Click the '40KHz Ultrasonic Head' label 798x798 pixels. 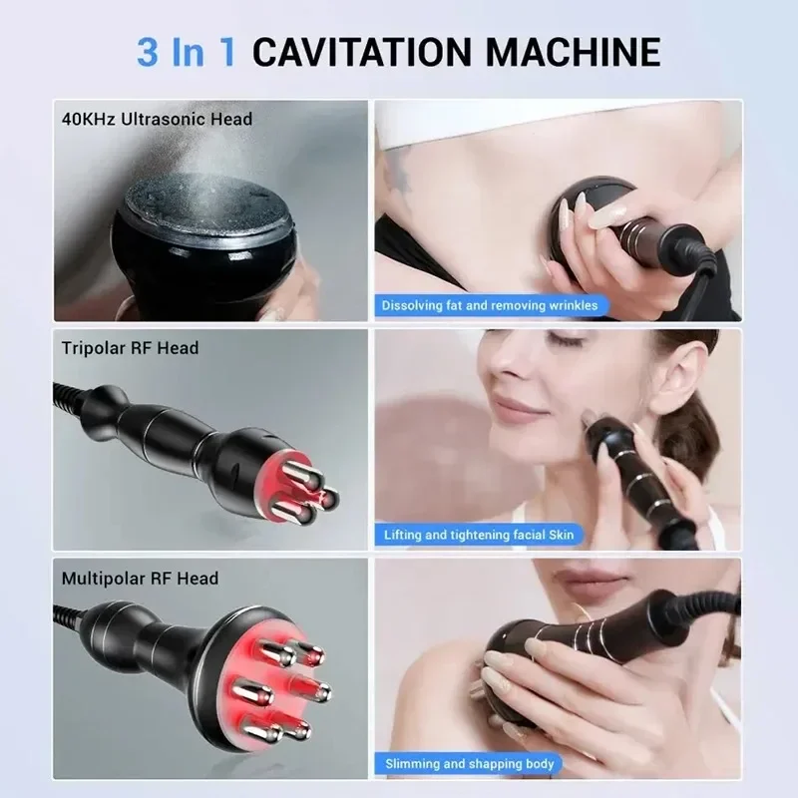pyautogui.click(x=156, y=119)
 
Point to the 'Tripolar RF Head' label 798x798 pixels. pyautogui.click(x=130, y=348)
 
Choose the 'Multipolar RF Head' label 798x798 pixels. pyautogui.click(x=139, y=578)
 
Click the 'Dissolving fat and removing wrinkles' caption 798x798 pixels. pyautogui.click(x=490, y=305)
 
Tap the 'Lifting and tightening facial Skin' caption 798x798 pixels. pyautogui.click(x=480, y=535)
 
